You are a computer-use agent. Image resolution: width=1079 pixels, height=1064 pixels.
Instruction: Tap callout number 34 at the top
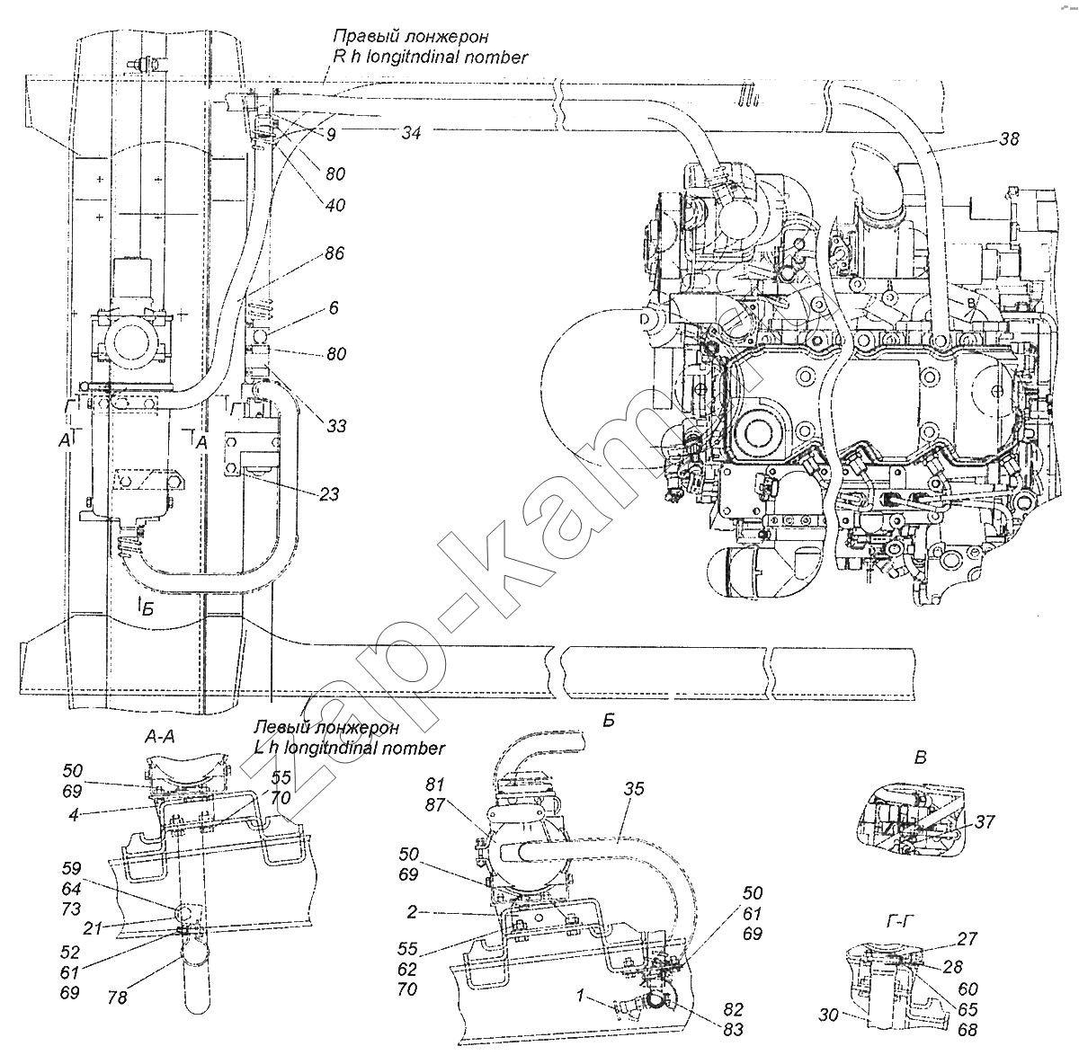[412, 133]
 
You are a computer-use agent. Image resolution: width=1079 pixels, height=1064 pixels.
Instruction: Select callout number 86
[334, 255]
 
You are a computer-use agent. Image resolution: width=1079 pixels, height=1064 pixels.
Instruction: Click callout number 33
[335, 425]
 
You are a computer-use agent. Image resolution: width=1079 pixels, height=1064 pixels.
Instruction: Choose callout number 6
[334, 307]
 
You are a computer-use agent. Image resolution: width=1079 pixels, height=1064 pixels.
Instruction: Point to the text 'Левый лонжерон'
[326, 729]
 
